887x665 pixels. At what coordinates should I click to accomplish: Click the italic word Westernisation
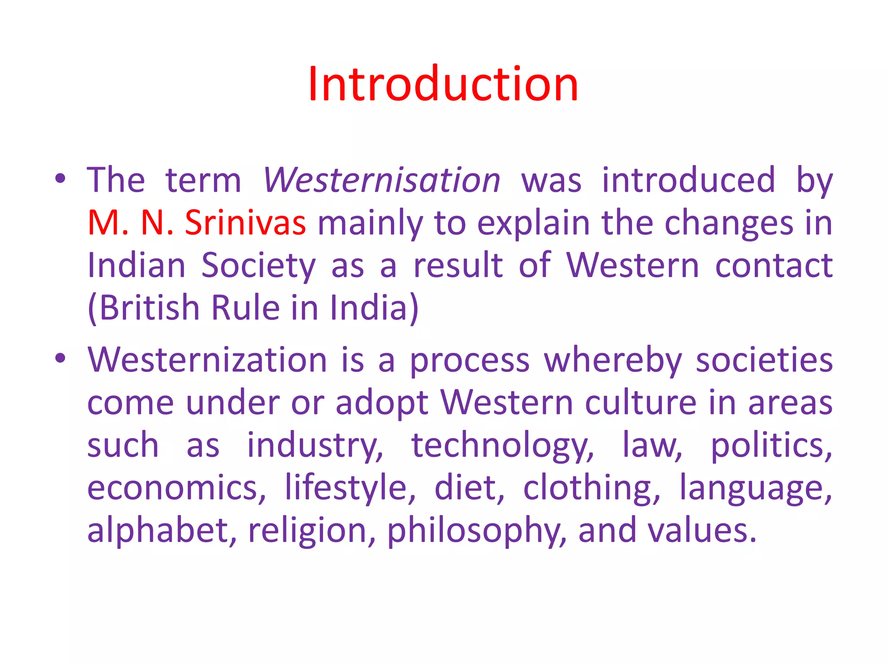(382, 180)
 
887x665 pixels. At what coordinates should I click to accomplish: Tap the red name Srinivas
(245, 223)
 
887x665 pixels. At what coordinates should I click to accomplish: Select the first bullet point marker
(60, 178)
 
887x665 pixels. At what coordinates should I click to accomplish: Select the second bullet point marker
(60, 358)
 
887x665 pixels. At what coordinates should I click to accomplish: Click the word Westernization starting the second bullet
(207, 360)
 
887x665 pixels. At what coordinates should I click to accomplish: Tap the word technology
(502, 445)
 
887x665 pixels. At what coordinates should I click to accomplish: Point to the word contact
(774, 265)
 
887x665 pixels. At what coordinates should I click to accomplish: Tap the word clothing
(592, 488)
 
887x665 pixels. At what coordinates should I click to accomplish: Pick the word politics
(771, 445)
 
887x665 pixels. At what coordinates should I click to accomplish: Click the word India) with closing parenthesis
(374, 307)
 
